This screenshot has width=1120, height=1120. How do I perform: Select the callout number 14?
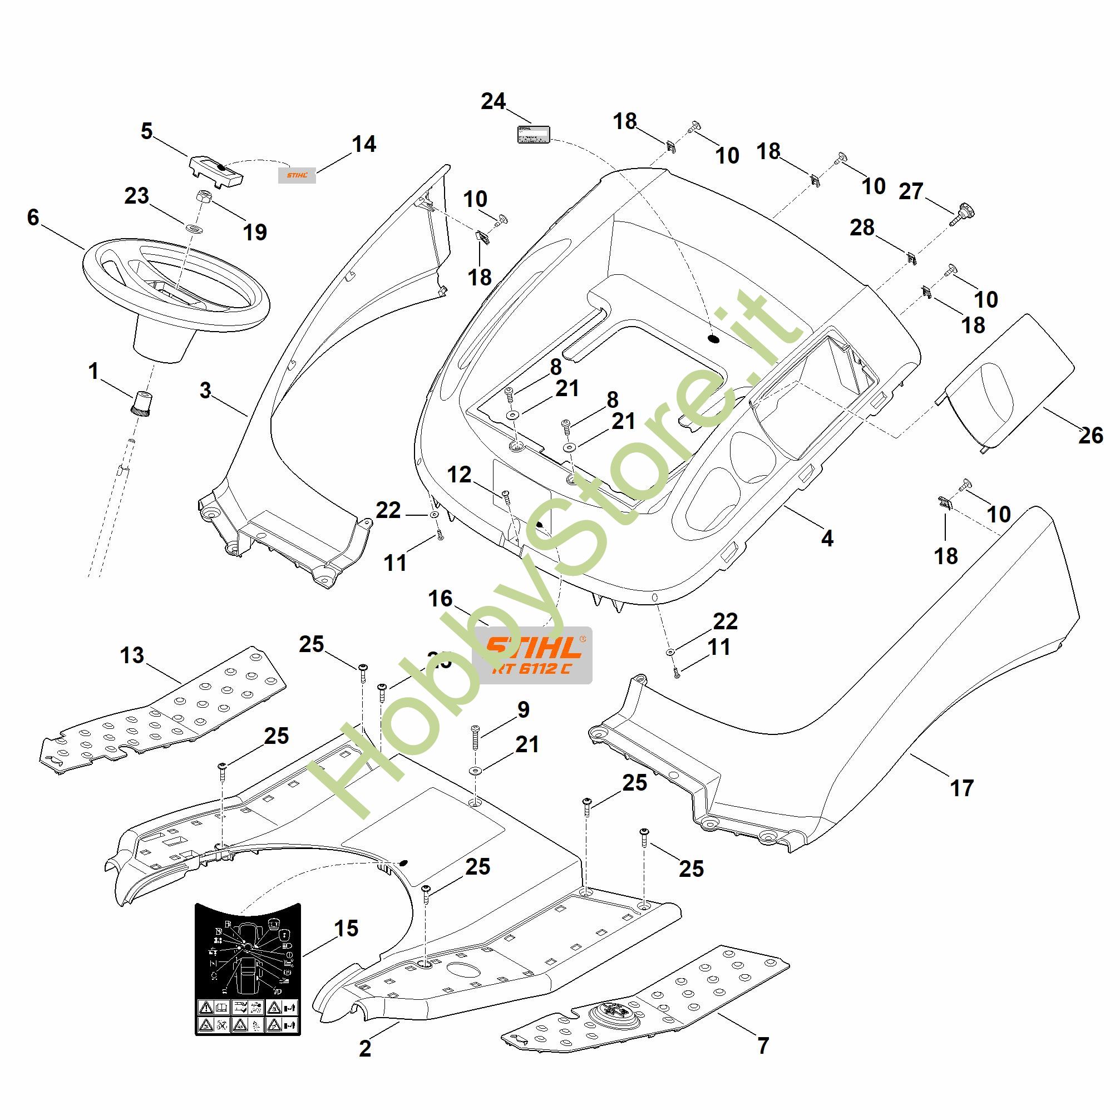click(x=364, y=144)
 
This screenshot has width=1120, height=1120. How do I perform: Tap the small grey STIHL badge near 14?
click(x=297, y=175)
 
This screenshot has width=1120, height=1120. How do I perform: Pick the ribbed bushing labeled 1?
click(x=141, y=402)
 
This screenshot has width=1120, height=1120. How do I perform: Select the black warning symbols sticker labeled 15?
click(x=248, y=968)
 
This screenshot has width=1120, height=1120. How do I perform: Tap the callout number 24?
click(x=494, y=101)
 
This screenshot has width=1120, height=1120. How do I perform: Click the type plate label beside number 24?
click(x=534, y=134)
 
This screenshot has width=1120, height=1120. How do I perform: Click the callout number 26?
click(x=1090, y=435)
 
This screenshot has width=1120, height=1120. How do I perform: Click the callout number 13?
click(x=132, y=655)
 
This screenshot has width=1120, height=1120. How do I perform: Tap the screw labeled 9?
click(x=475, y=736)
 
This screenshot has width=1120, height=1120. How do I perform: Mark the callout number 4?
click(x=827, y=539)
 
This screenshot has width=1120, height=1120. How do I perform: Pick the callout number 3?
click(x=205, y=391)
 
